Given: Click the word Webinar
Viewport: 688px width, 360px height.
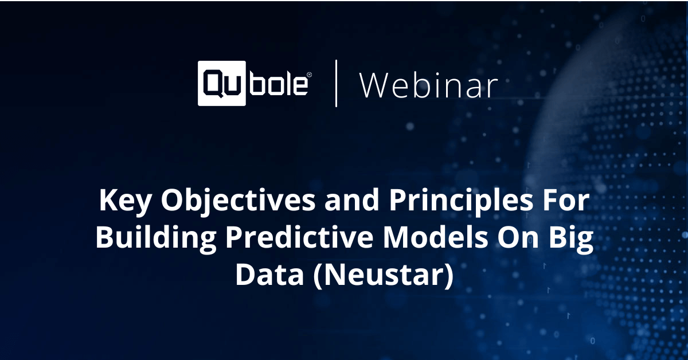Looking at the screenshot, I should tap(428, 86).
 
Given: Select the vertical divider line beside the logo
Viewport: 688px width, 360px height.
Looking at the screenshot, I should tap(336, 84).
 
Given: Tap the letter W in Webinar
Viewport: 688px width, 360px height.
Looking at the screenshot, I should tap(374, 86).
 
